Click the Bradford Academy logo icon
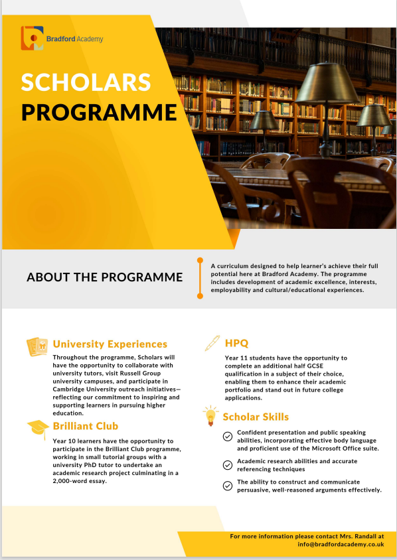tap(32, 38)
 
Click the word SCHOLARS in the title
tap(86, 82)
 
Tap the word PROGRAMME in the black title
tap(99, 113)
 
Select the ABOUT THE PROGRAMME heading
tap(105, 277)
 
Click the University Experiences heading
tap(110, 344)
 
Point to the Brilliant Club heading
tap(86, 426)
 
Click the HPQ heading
tap(236, 343)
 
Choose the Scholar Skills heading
tap(256, 417)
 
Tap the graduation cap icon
tap(39, 429)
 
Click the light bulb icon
tap(211, 415)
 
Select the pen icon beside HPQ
tap(212, 343)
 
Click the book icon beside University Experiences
tap(37, 346)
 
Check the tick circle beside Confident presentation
tap(228, 437)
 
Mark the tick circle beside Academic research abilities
tap(228, 465)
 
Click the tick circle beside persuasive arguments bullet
tap(228, 486)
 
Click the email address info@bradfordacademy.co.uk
tap(341, 544)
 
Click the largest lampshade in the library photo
tap(327, 83)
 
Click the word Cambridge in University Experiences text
tap(68, 389)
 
